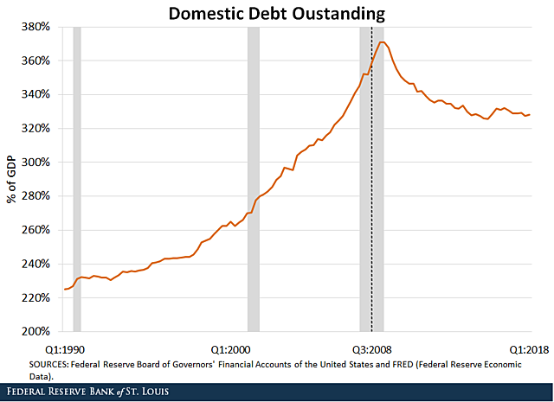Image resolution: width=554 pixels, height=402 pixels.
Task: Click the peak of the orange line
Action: (x=382, y=41)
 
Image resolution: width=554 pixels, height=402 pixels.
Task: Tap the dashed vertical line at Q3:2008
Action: (x=371, y=216)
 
